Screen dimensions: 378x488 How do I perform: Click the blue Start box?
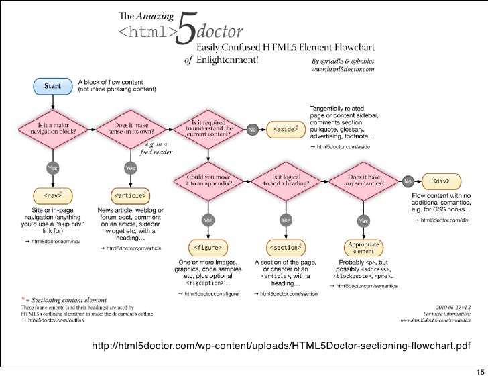52,86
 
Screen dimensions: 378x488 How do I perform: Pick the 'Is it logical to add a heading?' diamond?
286,180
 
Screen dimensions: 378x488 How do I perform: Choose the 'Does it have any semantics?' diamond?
363,180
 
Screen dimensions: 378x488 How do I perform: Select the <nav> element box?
52,196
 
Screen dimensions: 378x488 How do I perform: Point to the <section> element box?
286,247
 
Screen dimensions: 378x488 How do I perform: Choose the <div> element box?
441,180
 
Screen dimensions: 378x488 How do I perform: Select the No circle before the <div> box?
408,180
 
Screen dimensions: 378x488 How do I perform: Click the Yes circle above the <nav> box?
52,167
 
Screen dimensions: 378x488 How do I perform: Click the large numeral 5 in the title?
185,34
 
